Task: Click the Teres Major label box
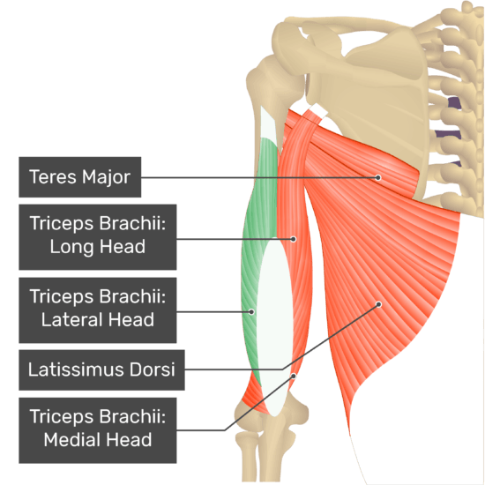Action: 79,177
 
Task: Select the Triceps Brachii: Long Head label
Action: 98,237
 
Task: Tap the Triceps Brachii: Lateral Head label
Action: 98,310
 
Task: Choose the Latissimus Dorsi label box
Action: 101,370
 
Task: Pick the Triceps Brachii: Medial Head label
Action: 98,430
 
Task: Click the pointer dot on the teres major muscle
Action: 378,177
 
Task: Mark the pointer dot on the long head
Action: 294,239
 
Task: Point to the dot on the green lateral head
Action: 252,312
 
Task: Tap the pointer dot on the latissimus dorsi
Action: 378,305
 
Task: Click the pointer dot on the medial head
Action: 294,377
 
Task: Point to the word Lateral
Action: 72,320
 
